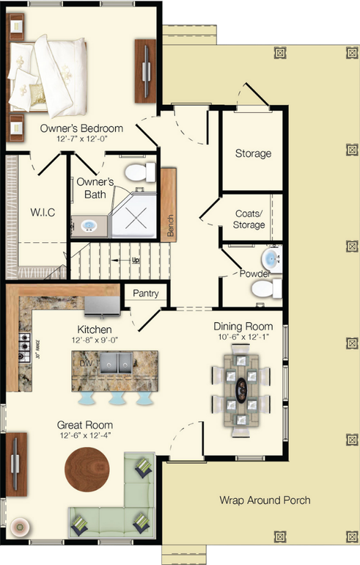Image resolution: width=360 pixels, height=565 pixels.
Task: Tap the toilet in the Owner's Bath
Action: tap(139, 173)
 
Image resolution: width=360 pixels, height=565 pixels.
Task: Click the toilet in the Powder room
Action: tap(265, 291)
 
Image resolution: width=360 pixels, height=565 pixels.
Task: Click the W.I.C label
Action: tap(41, 214)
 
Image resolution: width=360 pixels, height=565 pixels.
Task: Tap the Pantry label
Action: tap(146, 294)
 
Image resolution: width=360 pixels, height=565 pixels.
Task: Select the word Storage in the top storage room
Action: tap(253, 154)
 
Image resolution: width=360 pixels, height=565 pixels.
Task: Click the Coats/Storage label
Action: tap(249, 219)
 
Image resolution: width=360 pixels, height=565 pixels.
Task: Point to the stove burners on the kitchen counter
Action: tap(23, 342)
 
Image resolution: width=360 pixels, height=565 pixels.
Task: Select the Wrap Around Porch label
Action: tap(265, 500)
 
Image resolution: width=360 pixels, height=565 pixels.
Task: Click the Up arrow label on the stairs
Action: tap(135, 260)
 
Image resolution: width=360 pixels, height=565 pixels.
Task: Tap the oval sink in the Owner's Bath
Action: tap(89, 225)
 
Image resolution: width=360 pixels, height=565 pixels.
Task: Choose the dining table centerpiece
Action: tap(242, 385)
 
